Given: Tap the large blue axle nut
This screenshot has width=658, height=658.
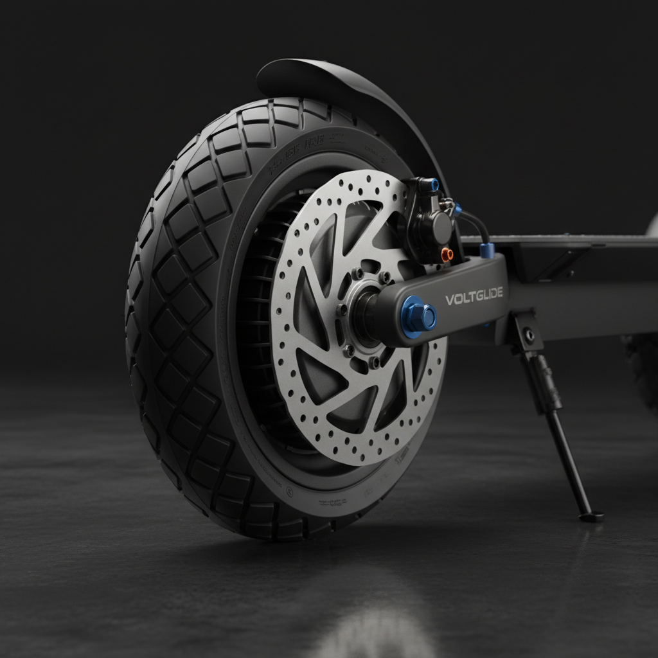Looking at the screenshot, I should [x=420, y=316].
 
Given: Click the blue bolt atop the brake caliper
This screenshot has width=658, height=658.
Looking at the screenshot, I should [x=435, y=185].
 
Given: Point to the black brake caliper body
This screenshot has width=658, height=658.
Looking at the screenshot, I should [x=432, y=222].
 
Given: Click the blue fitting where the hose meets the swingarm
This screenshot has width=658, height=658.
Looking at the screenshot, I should [x=486, y=249].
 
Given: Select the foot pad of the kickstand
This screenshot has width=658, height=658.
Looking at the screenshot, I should [x=591, y=515].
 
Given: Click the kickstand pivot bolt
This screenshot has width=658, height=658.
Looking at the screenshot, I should [x=529, y=335].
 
